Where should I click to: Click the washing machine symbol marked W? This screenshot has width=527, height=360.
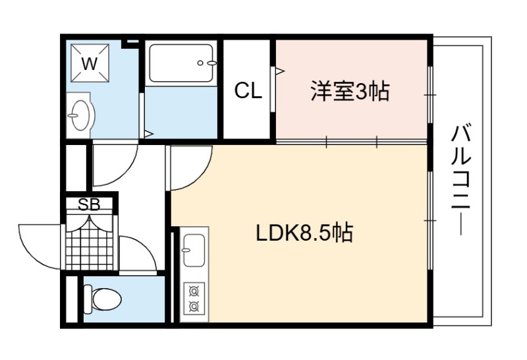[90, 63]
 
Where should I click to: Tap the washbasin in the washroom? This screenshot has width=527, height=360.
[80, 115]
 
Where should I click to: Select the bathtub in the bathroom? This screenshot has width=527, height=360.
[181, 63]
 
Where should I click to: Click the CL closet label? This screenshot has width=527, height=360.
[248, 90]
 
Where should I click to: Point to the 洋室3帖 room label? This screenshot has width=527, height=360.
[350, 91]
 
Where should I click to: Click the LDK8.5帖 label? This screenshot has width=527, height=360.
[304, 233]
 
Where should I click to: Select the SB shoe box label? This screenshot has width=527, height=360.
[89, 204]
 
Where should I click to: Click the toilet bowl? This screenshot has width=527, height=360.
[103, 299]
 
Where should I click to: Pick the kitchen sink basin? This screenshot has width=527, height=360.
[194, 250]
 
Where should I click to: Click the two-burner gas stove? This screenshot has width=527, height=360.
[194, 298]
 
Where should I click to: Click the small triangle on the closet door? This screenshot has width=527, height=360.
[280, 71]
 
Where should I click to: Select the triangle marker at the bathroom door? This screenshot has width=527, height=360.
[149, 134]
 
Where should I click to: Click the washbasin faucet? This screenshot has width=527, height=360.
[73, 116]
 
